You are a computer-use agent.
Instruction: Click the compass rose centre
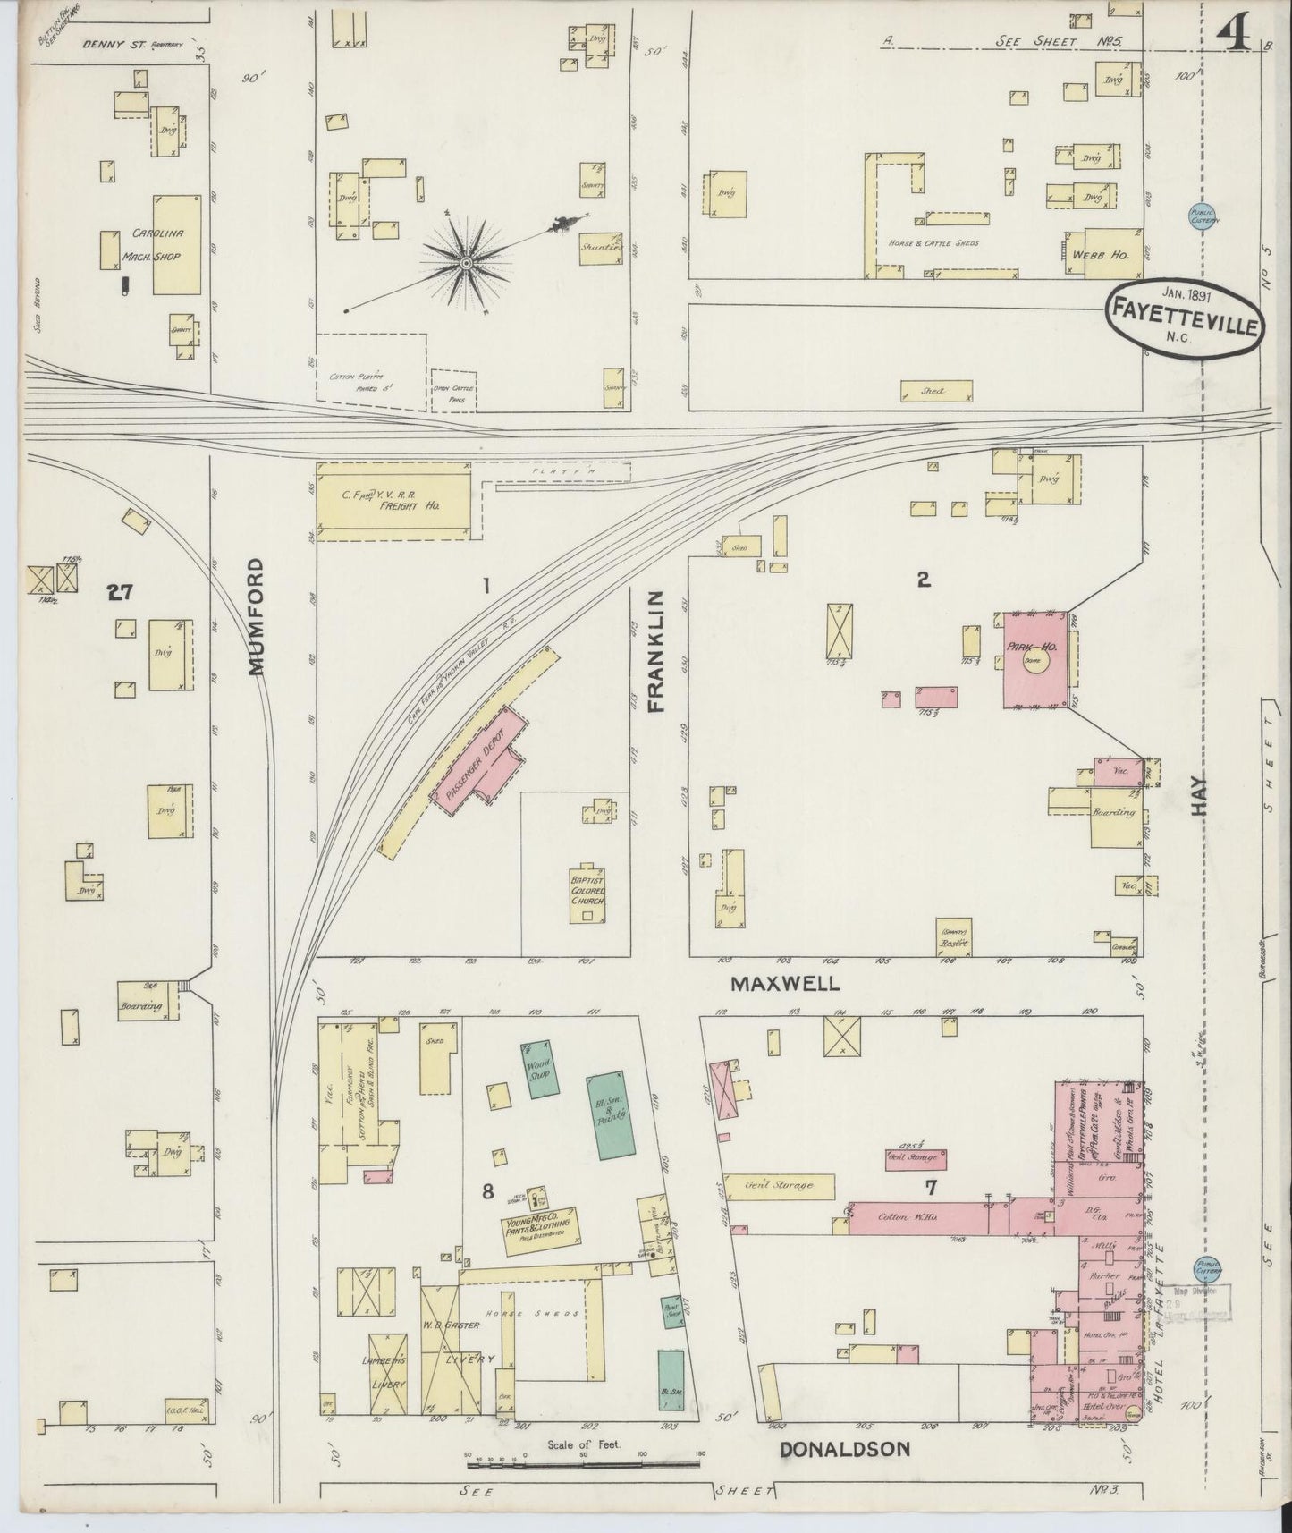point(466,262)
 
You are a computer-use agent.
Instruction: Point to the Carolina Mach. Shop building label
point(157,244)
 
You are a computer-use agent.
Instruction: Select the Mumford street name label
point(257,616)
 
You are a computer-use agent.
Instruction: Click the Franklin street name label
point(657,650)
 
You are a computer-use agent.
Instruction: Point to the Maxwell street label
point(785,984)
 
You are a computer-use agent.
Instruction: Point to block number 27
point(119,591)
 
